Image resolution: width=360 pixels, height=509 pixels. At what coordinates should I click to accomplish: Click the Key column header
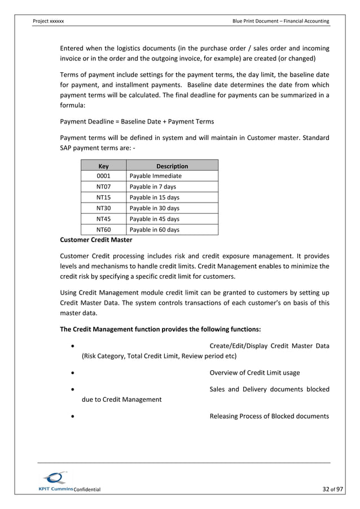103,166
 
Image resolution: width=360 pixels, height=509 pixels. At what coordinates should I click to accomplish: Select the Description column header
172,166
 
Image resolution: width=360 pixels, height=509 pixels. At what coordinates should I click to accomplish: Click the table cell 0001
103,176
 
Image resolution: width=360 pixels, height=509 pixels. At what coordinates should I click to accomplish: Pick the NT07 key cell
103,187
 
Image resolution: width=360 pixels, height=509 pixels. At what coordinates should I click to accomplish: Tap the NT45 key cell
103,219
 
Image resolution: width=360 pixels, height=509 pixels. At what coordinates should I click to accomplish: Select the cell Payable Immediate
155,176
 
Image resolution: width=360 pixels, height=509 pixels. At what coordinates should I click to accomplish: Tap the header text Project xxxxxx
49,21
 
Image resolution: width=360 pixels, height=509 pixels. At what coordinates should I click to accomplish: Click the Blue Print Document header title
280,21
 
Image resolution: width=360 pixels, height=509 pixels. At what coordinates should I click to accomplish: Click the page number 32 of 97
326,489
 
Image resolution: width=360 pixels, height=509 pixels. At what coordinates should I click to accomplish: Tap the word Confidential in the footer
87,489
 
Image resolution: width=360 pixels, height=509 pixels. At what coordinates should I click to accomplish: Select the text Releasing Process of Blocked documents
269,416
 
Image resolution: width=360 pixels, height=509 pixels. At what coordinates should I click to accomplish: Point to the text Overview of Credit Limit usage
254,372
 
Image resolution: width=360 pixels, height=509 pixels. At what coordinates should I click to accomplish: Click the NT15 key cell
103,198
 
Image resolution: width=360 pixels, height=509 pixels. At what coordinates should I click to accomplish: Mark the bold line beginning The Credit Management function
160,329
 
